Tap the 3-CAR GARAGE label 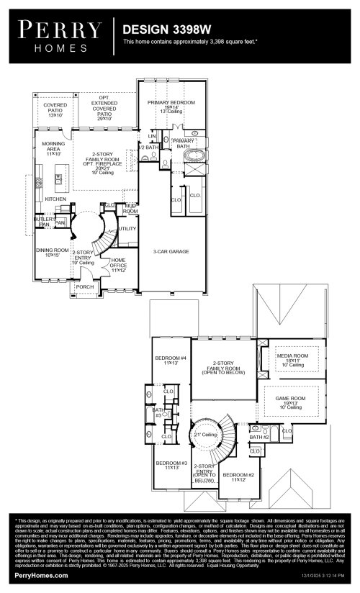click(x=170, y=252)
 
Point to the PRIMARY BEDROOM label click(x=171, y=103)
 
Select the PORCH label click(x=85, y=286)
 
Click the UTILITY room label click(x=127, y=228)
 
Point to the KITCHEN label click(x=55, y=199)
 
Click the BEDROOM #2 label click(x=238, y=476)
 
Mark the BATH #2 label click(x=259, y=437)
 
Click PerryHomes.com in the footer click(x=42, y=576)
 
